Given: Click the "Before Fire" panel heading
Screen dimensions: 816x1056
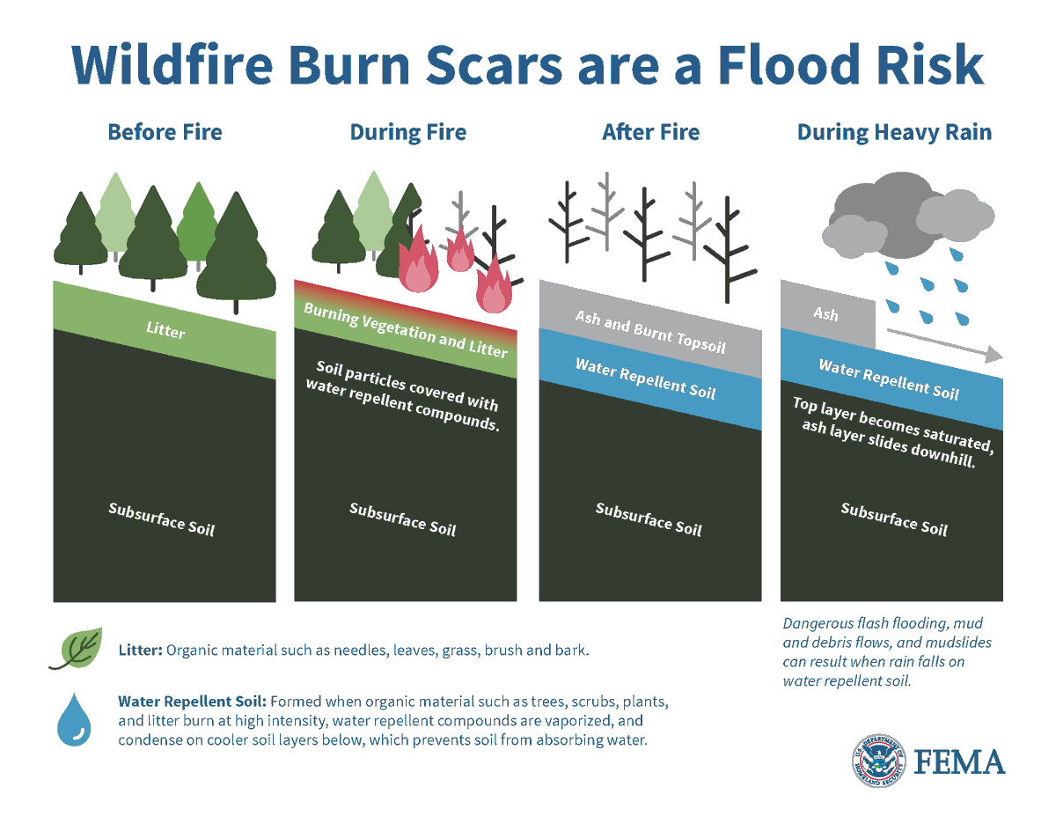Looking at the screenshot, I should click(165, 133).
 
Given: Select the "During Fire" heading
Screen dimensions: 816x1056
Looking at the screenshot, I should click(408, 133).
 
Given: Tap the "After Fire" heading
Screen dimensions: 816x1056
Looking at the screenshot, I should click(650, 133).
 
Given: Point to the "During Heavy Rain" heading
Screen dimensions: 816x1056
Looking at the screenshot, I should click(894, 133).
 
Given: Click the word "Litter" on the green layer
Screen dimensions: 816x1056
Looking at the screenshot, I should click(165, 329).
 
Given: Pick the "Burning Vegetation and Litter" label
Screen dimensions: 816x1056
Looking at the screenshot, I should click(406, 330).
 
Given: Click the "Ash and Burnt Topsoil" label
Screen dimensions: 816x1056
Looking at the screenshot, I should click(650, 332).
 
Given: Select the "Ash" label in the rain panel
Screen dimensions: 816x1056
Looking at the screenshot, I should click(825, 313).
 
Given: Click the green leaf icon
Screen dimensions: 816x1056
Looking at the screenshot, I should click(76, 650).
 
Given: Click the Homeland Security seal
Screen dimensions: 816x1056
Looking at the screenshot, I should click(877, 760).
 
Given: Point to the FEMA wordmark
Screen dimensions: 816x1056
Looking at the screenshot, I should click(959, 761).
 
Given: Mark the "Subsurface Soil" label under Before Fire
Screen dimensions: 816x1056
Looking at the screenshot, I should click(161, 518).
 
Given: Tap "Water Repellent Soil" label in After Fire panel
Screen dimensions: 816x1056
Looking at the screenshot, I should click(645, 378).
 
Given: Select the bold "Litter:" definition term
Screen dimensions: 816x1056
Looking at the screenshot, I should click(140, 651).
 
